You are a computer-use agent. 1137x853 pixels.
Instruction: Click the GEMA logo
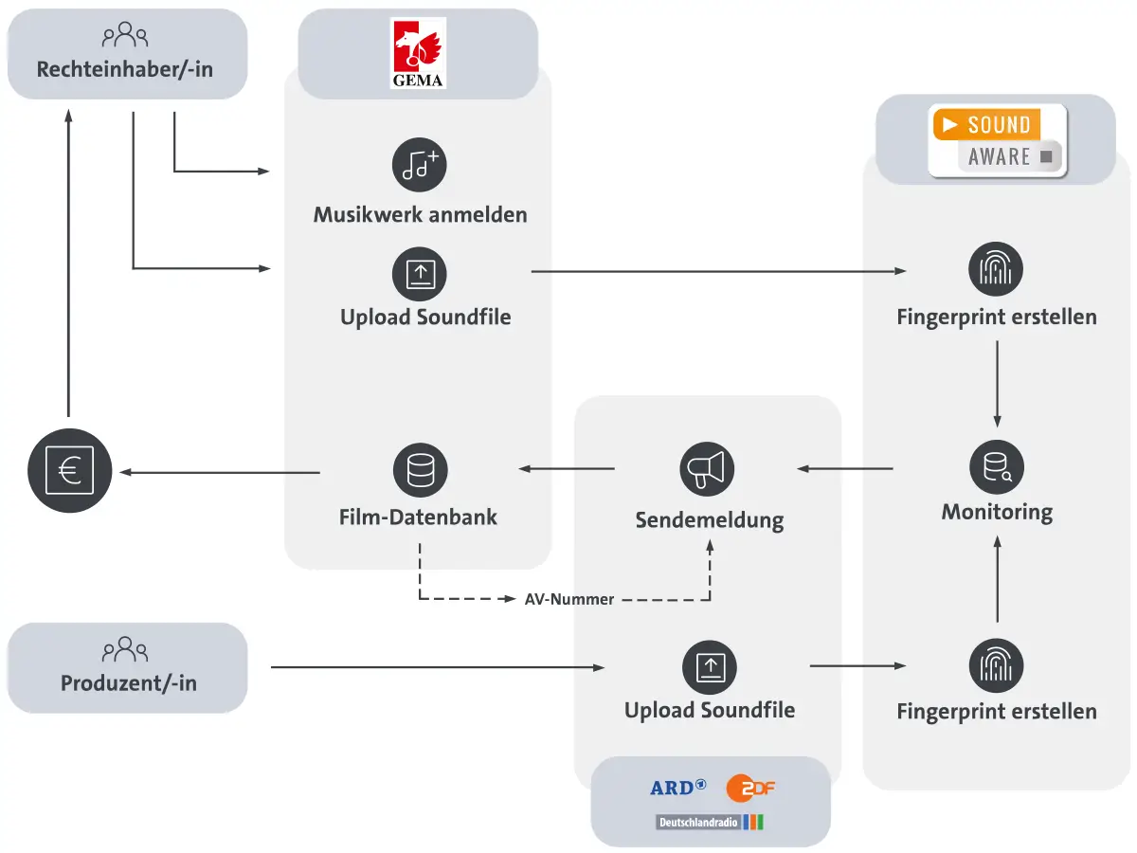(418, 55)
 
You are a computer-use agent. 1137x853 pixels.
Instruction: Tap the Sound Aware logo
(998, 141)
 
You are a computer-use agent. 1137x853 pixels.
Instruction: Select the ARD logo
(677, 787)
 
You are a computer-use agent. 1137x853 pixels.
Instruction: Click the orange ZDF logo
(750, 787)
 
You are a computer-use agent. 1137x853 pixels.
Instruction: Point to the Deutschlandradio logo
(710, 822)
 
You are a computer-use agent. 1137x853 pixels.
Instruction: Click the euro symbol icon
(69, 471)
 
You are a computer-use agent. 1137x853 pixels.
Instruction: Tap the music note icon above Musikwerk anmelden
(420, 166)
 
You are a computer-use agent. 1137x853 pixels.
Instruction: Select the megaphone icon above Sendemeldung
(708, 469)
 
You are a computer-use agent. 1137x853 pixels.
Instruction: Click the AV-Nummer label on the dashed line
(569, 599)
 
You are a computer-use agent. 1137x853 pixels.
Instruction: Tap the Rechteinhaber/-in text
(126, 70)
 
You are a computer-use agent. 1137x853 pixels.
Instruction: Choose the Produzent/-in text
(128, 682)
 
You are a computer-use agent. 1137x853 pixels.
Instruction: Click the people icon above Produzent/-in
(126, 650)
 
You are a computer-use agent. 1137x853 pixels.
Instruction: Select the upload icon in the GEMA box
(420, 274)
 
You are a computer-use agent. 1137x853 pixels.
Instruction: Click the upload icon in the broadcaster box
(709, 666)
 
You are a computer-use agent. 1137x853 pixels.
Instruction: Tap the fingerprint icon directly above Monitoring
(996, 269)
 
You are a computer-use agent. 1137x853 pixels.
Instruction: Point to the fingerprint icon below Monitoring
(996, 665)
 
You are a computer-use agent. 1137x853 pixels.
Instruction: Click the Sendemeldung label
(709, 520)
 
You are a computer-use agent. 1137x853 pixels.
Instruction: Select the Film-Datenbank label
(418, 517)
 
